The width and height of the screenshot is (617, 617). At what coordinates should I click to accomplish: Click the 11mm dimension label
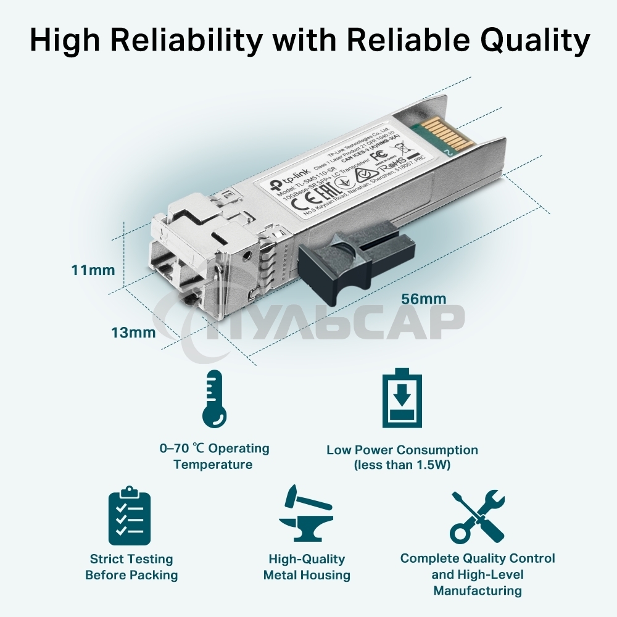[93, 270]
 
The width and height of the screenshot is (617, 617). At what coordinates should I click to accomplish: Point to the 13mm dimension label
[133, 333]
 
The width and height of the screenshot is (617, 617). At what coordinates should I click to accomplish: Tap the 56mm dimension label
[423, 299]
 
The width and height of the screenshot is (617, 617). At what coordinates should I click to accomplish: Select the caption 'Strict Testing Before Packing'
[131, 567]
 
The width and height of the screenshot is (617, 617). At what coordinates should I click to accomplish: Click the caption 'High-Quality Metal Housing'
[307, 567]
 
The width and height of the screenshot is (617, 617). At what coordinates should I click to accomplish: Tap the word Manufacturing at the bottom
[478, 590]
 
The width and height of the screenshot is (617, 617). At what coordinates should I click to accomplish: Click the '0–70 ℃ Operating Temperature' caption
[213, 456]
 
